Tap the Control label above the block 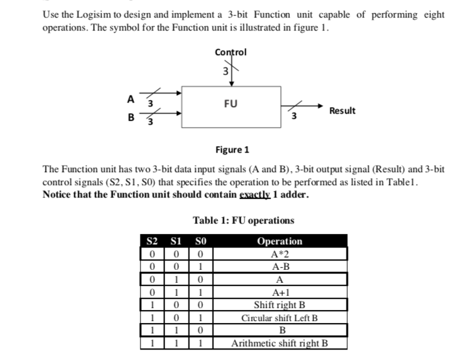click(230, 53)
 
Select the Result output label click(342, 110)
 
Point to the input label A click(130, 99)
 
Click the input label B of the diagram click(131, 119)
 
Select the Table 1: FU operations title click(243, 220)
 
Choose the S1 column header click(175, 242)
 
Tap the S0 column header click(200, 242)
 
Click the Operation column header click(280, 242)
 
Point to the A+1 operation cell click(280, 292)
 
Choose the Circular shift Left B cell click(280, 318)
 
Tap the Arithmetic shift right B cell click(280, 344)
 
